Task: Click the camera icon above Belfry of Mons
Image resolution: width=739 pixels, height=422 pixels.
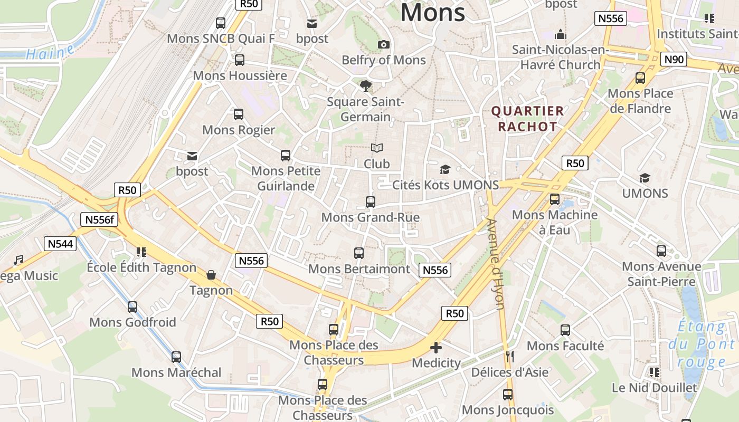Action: tap(384, 44)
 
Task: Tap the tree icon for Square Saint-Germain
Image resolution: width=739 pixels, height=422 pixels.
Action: tap(365, 85)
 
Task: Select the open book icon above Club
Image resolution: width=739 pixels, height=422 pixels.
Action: tap(377, 148)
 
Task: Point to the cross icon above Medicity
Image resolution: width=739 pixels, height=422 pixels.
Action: tap(436, 348)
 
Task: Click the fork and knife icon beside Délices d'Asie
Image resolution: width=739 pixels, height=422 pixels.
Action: tap(509, 357)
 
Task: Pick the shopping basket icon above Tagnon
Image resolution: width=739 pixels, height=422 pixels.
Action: tap(211, 274)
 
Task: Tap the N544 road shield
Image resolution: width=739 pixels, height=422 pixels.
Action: tap(61, 244)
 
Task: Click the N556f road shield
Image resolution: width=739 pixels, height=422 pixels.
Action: tap(99, 219)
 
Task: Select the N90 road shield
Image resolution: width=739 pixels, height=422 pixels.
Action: tap(674, 59)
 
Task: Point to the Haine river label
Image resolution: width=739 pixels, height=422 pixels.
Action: tap(50, 53)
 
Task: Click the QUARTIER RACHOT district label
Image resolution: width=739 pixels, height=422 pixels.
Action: tap(528, 119)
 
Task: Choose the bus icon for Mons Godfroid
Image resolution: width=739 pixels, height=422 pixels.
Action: tap(132, 306)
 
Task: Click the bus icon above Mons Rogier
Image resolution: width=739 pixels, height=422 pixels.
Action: tap(239, 114)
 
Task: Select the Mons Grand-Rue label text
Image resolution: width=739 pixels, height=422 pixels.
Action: tap(371, 217)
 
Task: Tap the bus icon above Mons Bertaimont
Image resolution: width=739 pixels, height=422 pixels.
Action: tap(359, 253)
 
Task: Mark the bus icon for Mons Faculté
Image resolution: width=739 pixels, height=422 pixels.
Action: tap(565, 330)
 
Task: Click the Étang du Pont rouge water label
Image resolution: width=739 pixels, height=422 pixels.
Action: tap(702, 344)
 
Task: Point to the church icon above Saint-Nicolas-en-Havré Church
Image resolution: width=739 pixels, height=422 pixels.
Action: tap(561, 34)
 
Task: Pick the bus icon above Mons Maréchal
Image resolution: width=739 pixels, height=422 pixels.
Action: tap(176, 357)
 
